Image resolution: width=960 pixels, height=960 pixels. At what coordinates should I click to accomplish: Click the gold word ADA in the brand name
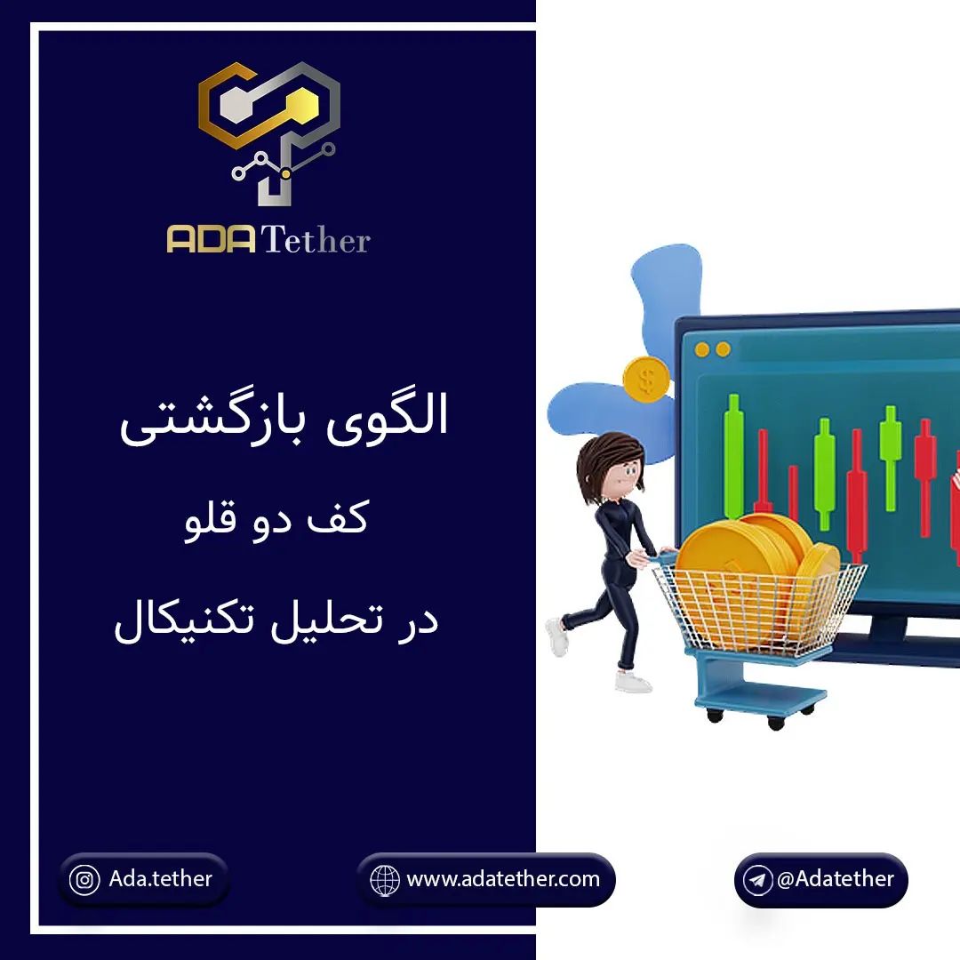[x=212, y=239]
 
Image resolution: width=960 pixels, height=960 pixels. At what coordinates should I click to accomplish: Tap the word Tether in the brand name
[x=316, y=239]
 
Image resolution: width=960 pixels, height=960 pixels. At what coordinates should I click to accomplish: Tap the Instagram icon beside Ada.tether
[x=84, y=880]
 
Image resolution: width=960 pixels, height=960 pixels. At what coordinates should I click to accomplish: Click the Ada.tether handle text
[x=160, y=878]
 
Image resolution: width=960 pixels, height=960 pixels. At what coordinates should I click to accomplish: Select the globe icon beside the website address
[x=385, y=880]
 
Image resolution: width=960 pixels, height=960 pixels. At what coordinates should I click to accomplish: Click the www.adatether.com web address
[x=502, y=879]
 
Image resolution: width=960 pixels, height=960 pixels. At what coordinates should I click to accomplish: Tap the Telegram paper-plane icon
[x=757, y=880]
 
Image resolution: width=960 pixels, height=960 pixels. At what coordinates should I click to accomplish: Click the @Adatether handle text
[x=836, y=879]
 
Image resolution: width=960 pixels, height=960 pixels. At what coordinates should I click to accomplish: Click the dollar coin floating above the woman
[x=646, y=380]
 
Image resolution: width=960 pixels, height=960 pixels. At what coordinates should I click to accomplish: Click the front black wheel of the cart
[x=776, y=723]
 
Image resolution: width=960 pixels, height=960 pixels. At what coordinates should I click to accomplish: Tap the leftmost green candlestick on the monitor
[x=732, y=458]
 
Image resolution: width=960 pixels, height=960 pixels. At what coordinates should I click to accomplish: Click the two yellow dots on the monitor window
[x=713, y=349]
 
